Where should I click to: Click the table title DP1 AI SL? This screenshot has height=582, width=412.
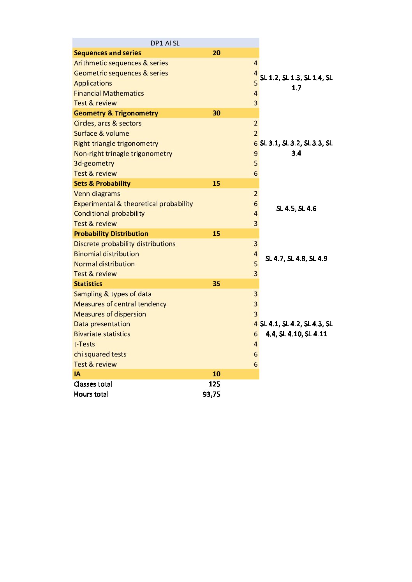click(x=165, y=43)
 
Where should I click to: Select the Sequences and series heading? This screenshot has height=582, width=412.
click(x=107, y=53)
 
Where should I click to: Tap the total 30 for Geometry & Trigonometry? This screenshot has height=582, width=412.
click(x=216, y=113)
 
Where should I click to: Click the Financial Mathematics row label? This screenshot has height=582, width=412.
click(x=109, y=93)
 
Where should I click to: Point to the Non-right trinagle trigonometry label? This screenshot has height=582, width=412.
click(x=123, y=154)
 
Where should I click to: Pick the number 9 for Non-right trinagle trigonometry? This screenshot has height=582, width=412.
click(x=255, y=154)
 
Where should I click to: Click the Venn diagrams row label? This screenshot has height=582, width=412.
click(x=97, y=194)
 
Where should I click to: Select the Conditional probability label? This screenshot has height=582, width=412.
click(x=109, y=213)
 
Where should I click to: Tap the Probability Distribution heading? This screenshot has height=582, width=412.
click(x=111, y=234)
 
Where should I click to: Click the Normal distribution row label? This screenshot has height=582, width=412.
click(x=104, y=264)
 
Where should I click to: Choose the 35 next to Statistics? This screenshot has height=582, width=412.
click(x=216, y=284)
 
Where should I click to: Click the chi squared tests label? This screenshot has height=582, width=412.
click(x=100, y=354)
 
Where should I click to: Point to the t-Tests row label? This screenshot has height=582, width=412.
click(x=85, y=344)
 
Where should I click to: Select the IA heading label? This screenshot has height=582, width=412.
click(x=77, y=374)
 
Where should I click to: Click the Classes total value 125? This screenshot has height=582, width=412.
click(x=214, y=384)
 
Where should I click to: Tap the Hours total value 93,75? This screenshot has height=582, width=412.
click(x=211, y=394)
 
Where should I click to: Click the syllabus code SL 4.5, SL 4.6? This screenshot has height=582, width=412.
click(x=296, y=208)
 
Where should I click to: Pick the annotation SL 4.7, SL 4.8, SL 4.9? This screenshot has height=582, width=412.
click(x=296, y=259)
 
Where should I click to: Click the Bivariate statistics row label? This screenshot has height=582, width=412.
click(x=102, y=334)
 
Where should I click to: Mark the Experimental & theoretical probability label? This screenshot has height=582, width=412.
click(x=133, y=204)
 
